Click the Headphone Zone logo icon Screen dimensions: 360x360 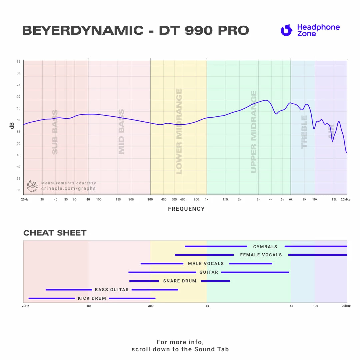[286, 30]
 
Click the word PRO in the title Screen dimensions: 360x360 [233, 31]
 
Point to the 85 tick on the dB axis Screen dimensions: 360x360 [18, 62]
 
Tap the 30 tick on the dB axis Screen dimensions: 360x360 [18, 190]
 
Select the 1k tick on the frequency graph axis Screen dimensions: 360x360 [207, 199]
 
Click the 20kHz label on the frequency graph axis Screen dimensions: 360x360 [345, 199]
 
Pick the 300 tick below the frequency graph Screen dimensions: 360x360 [150, 199]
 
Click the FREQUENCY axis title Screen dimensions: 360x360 [186, 209]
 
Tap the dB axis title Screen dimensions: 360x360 [12, 126]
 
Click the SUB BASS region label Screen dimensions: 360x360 [55, 132]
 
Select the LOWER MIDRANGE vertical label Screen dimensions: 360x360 [179, 132]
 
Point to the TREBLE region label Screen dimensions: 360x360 [304, 132]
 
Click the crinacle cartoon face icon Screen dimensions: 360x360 [32, 186]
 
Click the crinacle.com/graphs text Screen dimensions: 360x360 [68, 188]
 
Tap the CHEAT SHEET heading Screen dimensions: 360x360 [55, 233]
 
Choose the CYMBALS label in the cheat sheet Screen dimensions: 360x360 [265, 247]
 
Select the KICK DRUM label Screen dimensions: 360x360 [92, 298]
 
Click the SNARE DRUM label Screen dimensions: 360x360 [180, 281]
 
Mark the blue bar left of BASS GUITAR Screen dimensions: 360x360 [69, 290]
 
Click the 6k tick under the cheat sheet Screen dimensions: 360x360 [291, 306]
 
